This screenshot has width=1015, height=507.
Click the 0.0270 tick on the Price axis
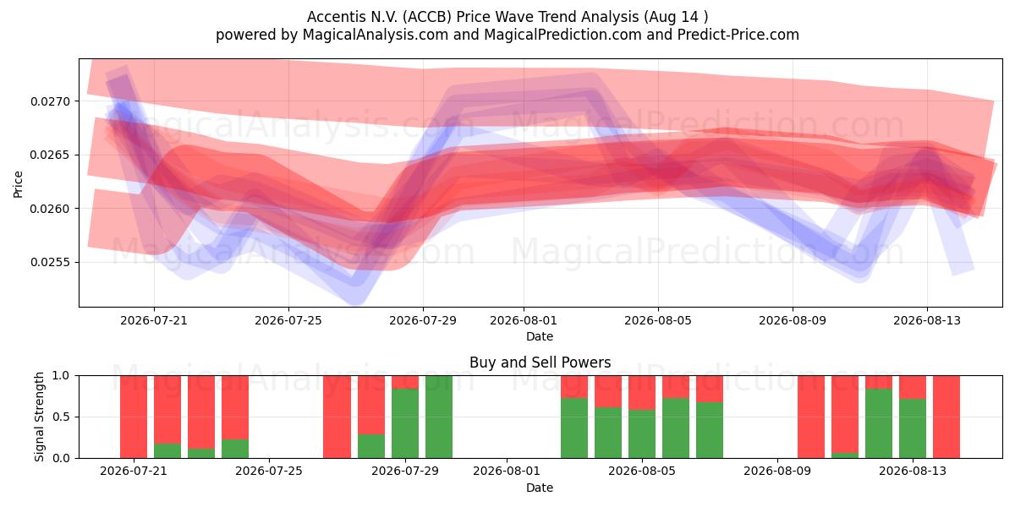click(50, 101)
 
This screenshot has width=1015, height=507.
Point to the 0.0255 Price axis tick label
click(50, 263)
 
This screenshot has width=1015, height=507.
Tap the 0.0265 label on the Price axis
click(50, 155)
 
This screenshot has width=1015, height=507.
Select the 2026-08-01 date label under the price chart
click(524, 320)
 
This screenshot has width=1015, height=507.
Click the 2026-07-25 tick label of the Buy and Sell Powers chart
click(269, 471)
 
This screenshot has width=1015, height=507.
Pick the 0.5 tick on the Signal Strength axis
click(62, 417)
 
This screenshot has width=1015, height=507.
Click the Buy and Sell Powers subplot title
click(540, 363)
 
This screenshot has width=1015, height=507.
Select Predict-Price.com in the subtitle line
click(738, 35)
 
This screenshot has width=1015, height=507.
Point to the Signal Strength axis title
click(40, 417)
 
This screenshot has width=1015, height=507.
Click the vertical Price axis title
click(18, 184)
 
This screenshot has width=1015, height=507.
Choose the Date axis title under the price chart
click(540, 336)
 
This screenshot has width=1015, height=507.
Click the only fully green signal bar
click(439, 417)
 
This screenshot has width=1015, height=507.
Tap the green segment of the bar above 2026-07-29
click(405, 423)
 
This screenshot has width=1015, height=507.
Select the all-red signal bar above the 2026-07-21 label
click(134, 417)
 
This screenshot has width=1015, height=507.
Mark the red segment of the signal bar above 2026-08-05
click(642, 392)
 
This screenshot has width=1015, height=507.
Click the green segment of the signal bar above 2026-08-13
click(913, 428)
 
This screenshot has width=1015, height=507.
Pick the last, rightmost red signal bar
click(946, 417)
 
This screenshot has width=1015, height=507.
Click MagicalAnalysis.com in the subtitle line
click(376, 35)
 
